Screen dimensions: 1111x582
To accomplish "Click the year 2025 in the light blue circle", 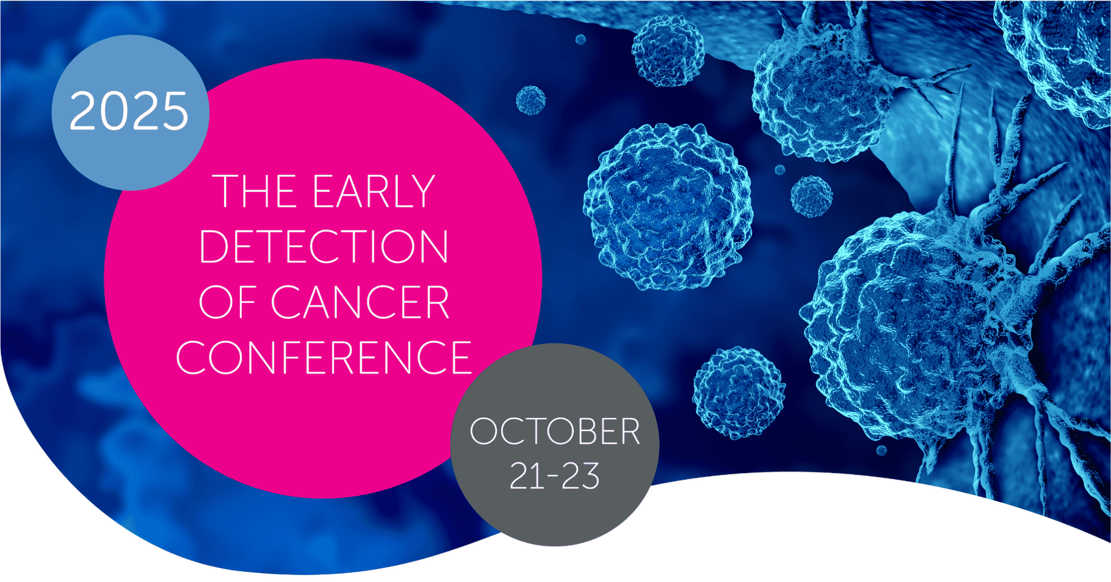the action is pos(129,111).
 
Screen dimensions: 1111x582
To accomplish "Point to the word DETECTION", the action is pos(324,246).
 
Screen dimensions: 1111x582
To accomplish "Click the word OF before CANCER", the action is pos(227,302).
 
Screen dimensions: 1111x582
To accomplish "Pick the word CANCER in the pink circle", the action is pos(360,302).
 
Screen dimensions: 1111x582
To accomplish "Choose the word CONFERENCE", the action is pos(324,357).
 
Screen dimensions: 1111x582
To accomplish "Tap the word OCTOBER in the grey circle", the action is pos(554,432).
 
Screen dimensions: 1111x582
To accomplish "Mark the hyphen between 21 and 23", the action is pos(553,477).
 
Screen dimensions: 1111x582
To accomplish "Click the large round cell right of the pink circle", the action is pos(668,206).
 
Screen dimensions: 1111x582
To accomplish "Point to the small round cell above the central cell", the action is pos(668,50).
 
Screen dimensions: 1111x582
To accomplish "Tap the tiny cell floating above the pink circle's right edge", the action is pos(531,100).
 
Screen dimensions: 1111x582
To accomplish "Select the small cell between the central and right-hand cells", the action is pos(811,196).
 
